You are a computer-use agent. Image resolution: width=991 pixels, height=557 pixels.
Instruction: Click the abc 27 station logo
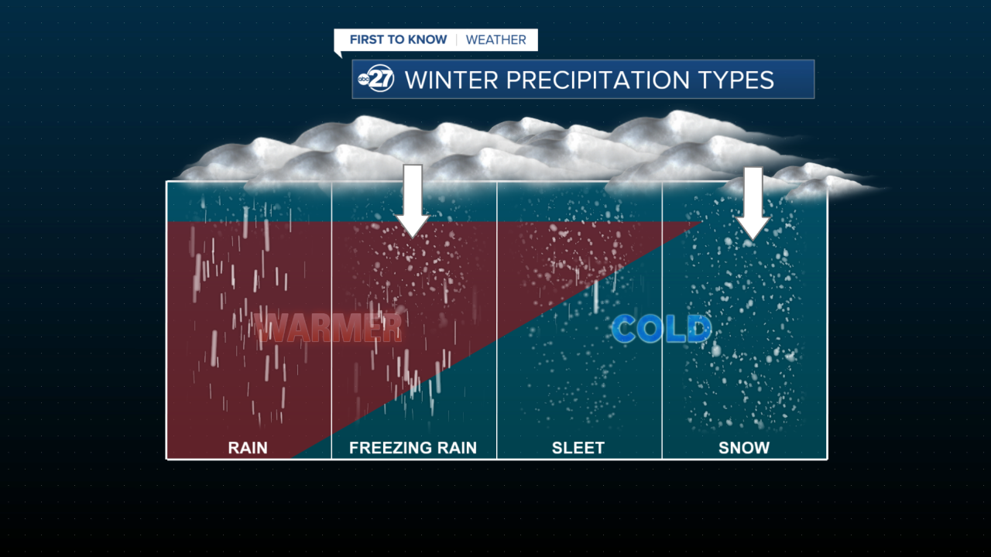[377, 80]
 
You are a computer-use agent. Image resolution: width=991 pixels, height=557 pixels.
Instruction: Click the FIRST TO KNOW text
[398, 39]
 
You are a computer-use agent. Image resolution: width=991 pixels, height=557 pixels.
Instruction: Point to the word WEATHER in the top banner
[495, 39]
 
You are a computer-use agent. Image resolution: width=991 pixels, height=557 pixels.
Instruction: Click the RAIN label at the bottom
[248, 447]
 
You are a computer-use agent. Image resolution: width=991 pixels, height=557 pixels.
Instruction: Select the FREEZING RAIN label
[413, 447]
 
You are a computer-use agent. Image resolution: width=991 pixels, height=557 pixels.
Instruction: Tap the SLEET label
[578, 447]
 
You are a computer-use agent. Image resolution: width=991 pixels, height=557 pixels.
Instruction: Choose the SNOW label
[744, 447]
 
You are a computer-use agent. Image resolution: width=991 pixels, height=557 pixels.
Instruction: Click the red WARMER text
[330, 328]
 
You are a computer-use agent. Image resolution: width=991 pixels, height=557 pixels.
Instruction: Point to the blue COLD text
[661, 329]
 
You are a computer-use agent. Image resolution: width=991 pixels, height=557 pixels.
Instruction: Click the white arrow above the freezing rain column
[413, 200]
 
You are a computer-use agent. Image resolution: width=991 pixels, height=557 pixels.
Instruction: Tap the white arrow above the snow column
[753, 202]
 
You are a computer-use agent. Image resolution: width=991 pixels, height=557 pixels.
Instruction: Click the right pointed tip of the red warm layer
[698, 223]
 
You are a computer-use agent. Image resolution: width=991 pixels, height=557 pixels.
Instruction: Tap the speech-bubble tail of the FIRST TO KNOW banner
[338, 54]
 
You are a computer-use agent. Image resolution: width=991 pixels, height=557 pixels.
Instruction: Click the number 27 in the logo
[382, 80]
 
